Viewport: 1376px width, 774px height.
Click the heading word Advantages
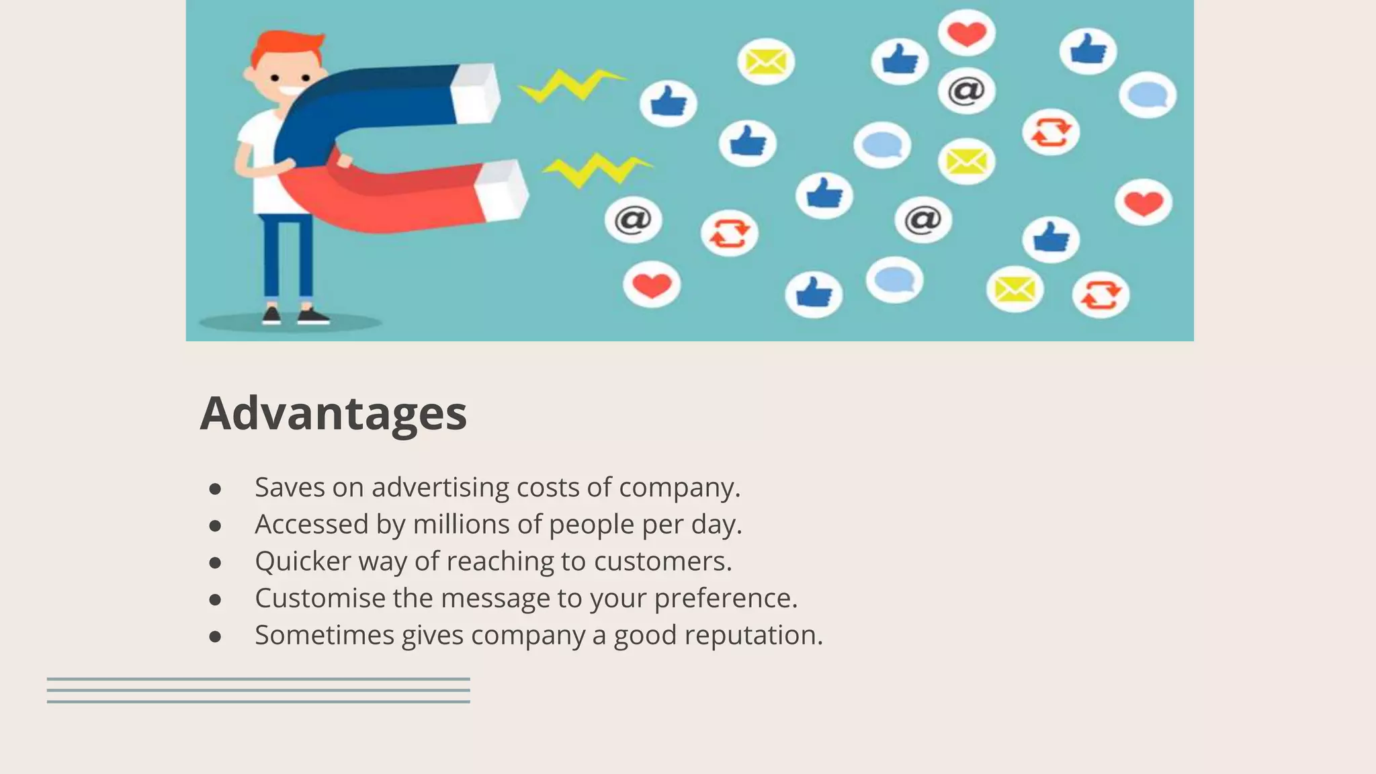(x=333, y=413)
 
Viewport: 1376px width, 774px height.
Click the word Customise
(x=320, y=598)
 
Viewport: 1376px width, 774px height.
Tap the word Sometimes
(x=324, y=635)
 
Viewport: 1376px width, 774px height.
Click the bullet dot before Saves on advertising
(x=215, y=488)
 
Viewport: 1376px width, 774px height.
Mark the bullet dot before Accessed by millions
(x=215, y=525)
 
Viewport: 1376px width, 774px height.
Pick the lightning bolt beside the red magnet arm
(x=597, y=169)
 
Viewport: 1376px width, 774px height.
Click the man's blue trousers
(x=288, y=255)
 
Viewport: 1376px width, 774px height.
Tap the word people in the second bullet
(x=591, y=524)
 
